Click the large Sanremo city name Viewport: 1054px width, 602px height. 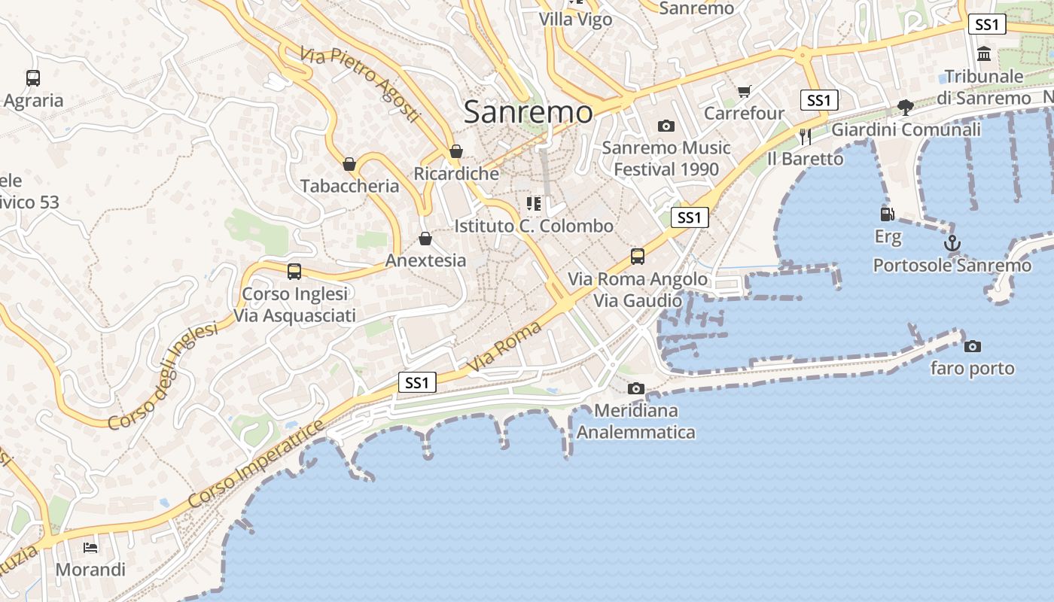pos(528,112)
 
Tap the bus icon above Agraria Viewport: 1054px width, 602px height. pos(33,78)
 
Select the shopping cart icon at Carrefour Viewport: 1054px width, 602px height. pos(745,91)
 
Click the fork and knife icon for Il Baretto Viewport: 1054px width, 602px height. pos(806,136)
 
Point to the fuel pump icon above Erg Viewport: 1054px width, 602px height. pos(888,214)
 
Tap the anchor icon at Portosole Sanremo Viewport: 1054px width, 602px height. pos(952,243)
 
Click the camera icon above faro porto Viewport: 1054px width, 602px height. pos(973,346)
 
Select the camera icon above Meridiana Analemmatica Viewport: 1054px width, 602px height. pos(636,388)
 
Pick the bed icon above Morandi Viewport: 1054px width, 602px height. pos(90,547)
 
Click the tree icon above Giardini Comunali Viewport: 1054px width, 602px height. pos(906,107)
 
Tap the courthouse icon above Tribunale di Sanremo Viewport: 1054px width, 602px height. pos(984,53)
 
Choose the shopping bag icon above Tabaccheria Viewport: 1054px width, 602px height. pos(349,163)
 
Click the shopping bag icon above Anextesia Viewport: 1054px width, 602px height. pos(425,239)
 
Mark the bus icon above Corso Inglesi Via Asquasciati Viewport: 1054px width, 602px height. pos(294,271)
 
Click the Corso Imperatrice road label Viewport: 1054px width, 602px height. pos(256,464)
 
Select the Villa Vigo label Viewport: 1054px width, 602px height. pos(576,20)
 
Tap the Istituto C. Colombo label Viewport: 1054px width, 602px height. pos(534,226)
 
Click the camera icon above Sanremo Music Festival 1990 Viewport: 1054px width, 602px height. pos(666,126)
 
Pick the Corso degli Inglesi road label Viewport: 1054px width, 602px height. pos(162,376)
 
